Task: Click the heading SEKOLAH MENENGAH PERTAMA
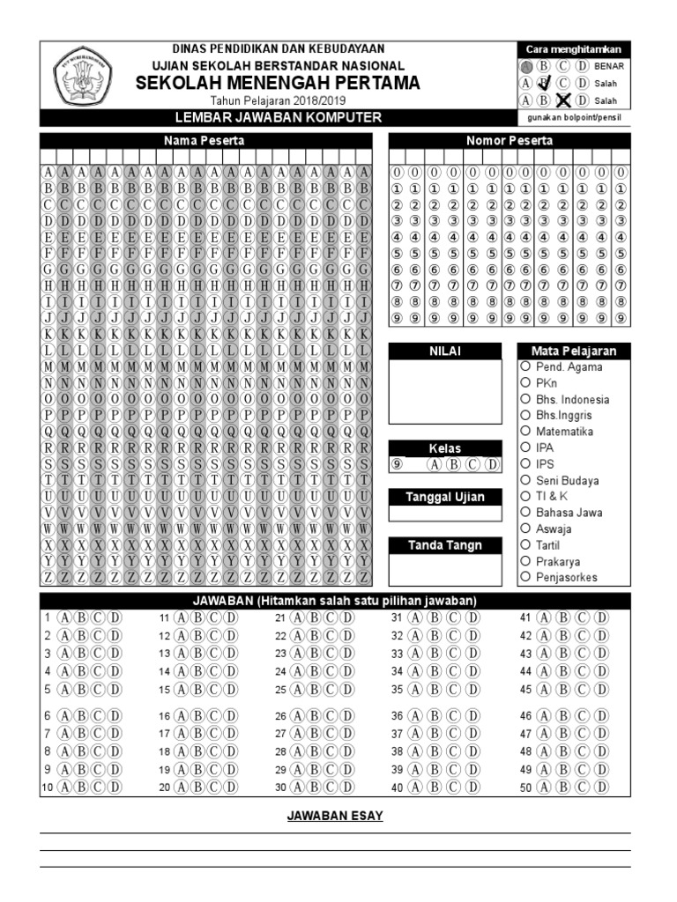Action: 278,83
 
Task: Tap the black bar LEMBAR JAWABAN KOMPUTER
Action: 278,118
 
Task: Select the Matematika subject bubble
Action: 525,432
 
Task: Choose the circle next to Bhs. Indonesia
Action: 525,399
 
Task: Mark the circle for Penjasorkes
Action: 525,577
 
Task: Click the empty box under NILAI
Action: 444,392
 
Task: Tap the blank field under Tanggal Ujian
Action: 444,514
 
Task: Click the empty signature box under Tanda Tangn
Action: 444,569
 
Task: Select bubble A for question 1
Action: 63,617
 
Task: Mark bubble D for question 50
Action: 601,787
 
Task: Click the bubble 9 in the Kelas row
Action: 398,465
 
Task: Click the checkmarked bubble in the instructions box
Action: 544,83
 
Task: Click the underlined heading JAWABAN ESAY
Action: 335,816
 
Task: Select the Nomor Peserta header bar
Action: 510,141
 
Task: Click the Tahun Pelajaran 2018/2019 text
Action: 278,101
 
